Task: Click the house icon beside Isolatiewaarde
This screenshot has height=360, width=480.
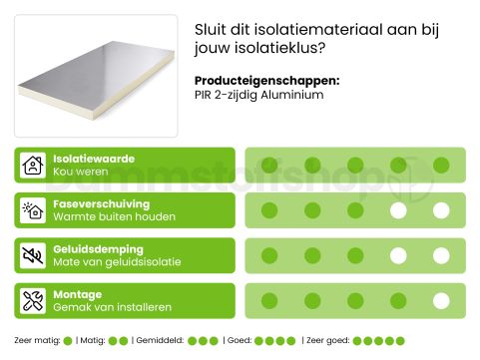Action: coord(33,165)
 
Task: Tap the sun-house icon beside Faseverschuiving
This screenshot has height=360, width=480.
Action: coord(33,210)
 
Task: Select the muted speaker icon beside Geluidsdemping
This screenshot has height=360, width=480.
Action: coord(33,255)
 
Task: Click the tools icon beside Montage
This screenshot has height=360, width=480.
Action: coord(33,301)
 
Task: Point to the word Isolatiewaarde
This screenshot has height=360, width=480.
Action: coord(93,159)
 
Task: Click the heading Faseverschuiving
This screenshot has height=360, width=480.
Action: coord(101,203)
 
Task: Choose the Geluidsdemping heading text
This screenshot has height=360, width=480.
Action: coord(98,249)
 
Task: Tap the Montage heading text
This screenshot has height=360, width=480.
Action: coord(77,295)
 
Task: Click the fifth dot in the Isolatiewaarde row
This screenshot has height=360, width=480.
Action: coord(441,165)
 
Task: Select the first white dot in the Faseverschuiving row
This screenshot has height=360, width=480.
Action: coord(398,210)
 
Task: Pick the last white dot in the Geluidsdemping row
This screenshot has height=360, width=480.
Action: coord(441,255)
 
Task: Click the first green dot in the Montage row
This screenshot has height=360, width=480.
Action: coord(268,301)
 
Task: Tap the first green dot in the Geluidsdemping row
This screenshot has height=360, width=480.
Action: coord(268,255)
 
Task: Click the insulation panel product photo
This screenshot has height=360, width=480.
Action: coord(97,76)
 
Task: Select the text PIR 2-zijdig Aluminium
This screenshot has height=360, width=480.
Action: coord(259,96)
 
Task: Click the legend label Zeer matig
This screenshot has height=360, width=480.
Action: coord(36,341)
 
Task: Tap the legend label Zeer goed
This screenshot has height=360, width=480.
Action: coord(326,341)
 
